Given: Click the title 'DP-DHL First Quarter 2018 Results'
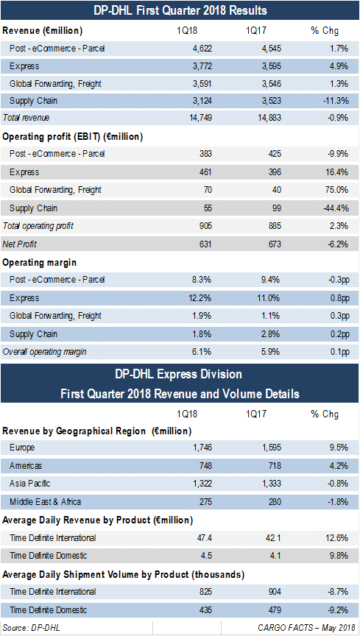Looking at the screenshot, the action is click(180, 10).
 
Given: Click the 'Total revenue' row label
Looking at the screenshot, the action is click(26, 118).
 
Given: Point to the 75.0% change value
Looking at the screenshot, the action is click(336, 189).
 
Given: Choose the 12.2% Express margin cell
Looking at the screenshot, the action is click(200, 297).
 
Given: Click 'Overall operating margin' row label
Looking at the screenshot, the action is click(45, 352).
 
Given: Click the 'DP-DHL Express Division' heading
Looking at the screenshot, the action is click(180, 373).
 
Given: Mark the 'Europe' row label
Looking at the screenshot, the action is click(22, 448).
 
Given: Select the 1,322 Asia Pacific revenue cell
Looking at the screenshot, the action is click(200, 484).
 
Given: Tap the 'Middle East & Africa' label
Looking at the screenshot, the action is click(46, 502).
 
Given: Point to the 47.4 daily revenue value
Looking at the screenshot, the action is click(203, 538).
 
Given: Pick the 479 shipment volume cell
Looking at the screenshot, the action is click(274, 609).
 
